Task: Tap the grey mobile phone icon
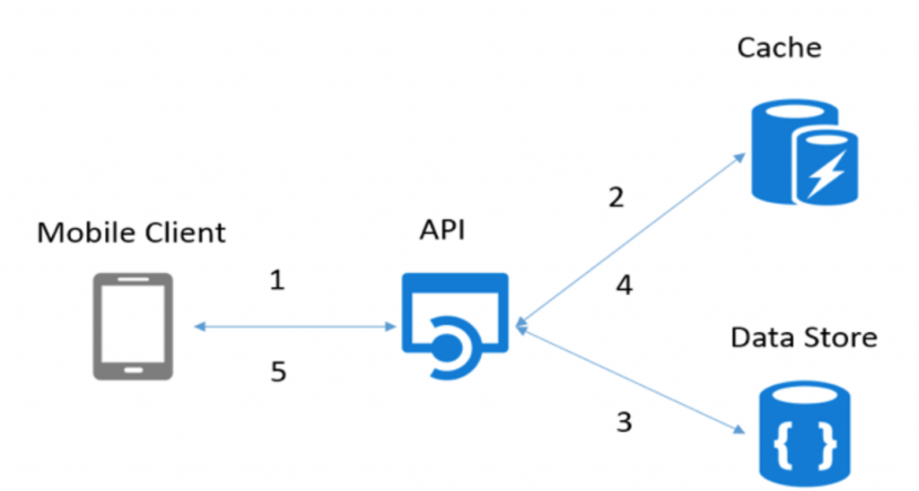coord(133,326)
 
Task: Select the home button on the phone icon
coord(133,368)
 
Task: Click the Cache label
coord(778,47)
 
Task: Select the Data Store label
coord(803,338)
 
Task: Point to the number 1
coord(277,281)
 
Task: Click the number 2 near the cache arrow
coord(616,197)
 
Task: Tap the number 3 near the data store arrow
coord(624,421)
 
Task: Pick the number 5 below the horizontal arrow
coord(278,371)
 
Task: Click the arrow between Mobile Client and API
coord(295,328)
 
